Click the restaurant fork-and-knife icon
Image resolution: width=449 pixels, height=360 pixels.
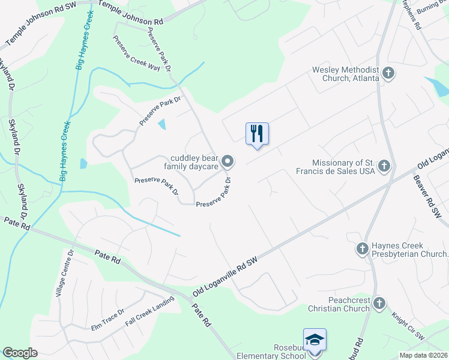pos(257,133)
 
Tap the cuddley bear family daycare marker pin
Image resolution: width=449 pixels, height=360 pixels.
pos(228,161)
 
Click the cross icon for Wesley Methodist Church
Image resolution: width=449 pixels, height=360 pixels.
pos(388,74)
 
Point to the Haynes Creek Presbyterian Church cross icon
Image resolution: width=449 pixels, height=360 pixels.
pos(362,248)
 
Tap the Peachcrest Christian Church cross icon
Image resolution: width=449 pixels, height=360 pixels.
pos(379,304)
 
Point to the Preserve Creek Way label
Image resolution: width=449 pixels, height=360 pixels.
pos(137,53)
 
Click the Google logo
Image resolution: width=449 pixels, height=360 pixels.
pos(20,353)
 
